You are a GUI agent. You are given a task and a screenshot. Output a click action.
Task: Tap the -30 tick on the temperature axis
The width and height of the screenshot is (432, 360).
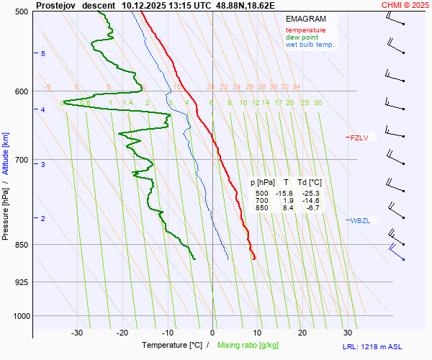click(x=77, y=333)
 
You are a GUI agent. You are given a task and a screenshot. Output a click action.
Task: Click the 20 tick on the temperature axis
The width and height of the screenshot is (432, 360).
click(x=302, y=333)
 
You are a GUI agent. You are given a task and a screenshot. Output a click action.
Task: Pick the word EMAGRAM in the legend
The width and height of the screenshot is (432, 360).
click(x=305, y=18)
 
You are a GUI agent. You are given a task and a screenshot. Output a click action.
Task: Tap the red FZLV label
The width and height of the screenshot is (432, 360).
click(x=359, y=138)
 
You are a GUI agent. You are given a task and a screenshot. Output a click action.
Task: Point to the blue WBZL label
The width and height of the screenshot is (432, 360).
click(x=359, y=220)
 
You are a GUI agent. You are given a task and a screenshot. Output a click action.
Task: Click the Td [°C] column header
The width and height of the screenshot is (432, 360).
click(x=310, y=182)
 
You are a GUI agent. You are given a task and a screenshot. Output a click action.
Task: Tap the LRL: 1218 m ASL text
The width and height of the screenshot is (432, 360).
click(x=374, y=347)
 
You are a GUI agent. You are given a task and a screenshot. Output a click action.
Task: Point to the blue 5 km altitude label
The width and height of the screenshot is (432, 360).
click(x=43, y=54)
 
